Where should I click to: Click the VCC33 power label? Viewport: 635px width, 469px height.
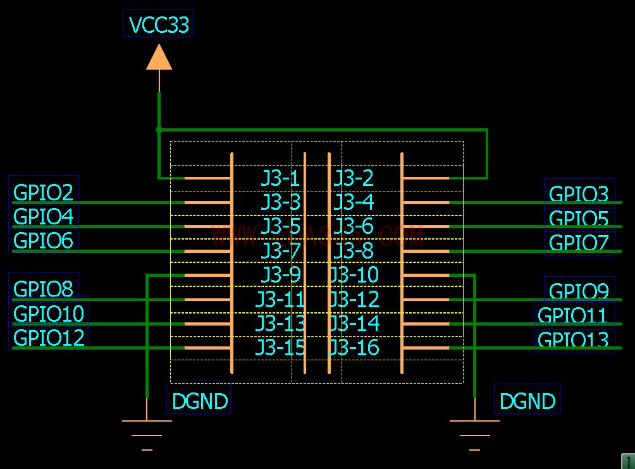pos(159,25)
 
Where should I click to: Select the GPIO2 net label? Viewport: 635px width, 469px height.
pos(43,192)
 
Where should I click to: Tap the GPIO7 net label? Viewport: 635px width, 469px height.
pos(579,243)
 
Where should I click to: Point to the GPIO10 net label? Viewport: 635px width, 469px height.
pos(48,314)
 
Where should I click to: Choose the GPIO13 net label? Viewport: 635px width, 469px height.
pos(573,340)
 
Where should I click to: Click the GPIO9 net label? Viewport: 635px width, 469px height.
pos(579,291)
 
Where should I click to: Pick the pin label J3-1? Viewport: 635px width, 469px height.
pos(280,178)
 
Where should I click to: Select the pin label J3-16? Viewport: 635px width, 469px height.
pos(354,348)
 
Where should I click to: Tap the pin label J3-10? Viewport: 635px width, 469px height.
pos(354,275)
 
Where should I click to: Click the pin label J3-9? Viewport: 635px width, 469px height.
pos(280,275)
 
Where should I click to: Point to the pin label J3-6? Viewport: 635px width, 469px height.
pos(354,226)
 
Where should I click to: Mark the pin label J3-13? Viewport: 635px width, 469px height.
pos(280,324)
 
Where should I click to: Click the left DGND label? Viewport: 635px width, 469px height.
pos(199,401)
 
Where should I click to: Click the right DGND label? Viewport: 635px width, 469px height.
pos(527,401)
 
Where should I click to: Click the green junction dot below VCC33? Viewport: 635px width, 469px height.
pos(159,129)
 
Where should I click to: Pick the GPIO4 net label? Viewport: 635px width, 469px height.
pos(43,217)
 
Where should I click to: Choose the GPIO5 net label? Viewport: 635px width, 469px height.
pos(579,219)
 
